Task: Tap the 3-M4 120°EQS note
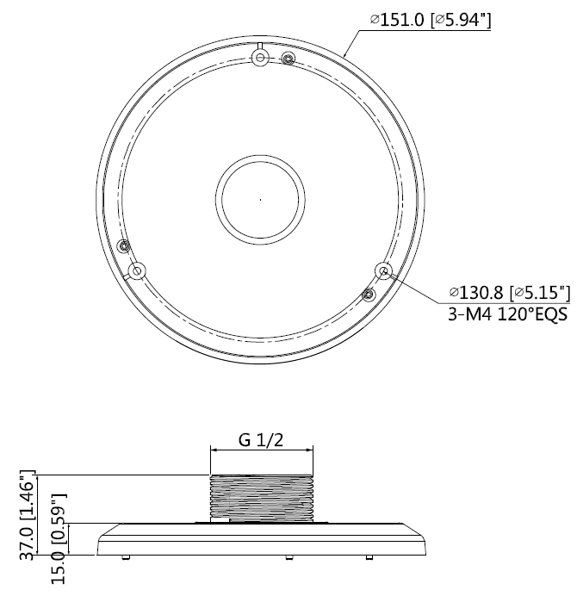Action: point(508,314)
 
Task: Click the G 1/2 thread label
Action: point(261,440)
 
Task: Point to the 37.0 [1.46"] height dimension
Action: point(28,515)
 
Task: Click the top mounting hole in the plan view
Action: point(260,58)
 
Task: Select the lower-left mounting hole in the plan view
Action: point(137,271)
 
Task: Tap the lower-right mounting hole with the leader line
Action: point(383,270)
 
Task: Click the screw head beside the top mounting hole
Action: point(288,59)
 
